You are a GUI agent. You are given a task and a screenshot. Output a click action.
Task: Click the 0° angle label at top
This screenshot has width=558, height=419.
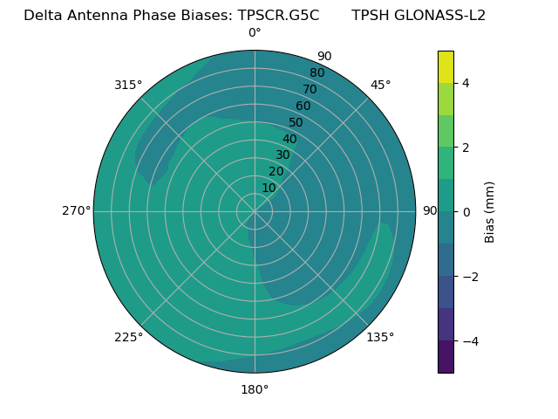[255, 33]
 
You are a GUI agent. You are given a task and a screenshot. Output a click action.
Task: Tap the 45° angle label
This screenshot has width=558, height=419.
[381, 85]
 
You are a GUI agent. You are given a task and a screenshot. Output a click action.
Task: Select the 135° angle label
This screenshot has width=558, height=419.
[380, 337]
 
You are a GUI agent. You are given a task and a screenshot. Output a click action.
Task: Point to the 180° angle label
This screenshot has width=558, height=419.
[255, 389]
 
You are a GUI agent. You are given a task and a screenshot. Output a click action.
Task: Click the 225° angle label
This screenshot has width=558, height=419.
[128, 337]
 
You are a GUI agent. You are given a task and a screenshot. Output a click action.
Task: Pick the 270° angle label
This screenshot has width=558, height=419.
[76, 210]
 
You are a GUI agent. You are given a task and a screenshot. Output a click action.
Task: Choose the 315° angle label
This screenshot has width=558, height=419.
[128, 85]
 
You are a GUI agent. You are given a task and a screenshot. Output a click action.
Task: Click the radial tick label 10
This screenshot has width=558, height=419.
[269, 188]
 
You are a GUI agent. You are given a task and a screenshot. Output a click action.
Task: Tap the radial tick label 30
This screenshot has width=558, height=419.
[282, 155]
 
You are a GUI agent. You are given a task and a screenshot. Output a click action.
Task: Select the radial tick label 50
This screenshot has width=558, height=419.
[296, 123]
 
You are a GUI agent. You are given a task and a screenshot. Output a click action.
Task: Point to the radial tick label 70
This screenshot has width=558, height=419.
[310, 89]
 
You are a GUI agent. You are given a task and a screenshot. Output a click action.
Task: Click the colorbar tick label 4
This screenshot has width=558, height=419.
[466, 83]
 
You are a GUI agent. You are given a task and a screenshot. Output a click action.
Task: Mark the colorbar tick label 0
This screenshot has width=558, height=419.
[466, 211]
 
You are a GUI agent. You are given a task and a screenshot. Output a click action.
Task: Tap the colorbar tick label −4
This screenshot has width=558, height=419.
[469, 340]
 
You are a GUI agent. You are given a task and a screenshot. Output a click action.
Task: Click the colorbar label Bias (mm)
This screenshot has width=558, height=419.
[490, 211]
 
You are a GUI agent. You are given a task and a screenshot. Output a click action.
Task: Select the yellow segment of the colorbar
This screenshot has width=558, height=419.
[446, 66]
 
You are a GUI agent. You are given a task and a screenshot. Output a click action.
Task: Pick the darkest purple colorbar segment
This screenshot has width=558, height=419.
[446, 357]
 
